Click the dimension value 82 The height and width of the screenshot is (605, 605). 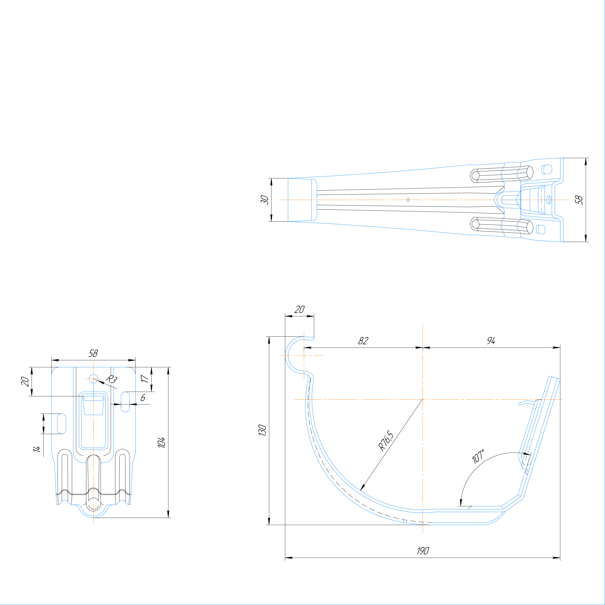pyautogui.click(x=363, y=341)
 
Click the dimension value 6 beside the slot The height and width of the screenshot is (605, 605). pyautogui.click(x=143, y=398)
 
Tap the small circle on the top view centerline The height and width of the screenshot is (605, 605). pyautogui.click(x=408, y=200)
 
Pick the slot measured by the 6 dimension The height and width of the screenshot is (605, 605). pyautogui.click(x=125, y=402)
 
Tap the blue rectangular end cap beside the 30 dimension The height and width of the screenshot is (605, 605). pyautogui.click(x=300, y=200)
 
